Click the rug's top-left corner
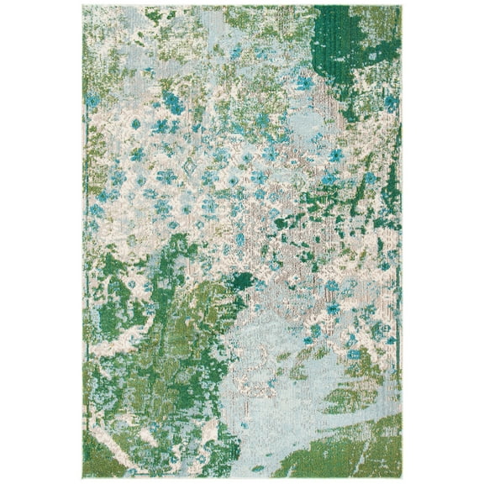[84, 7]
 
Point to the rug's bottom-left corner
[84, 477]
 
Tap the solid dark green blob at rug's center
[240, 281]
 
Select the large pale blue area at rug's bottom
[252, 395]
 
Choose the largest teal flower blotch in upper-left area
[174, 103]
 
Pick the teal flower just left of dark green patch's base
[304, 82]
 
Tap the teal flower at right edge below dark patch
[391, 103]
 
